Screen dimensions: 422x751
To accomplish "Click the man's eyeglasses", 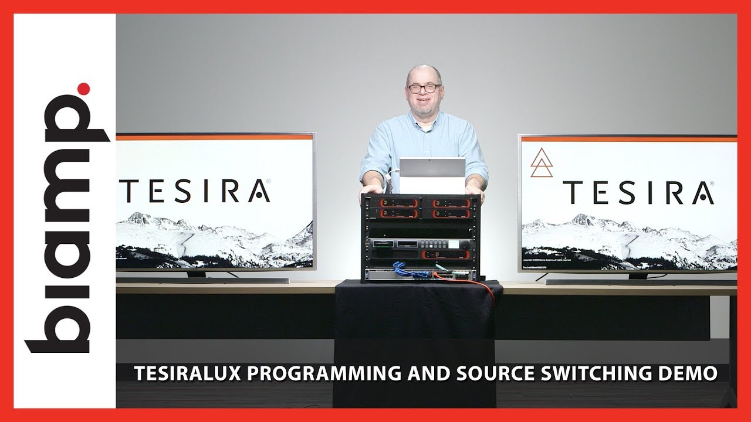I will click(x=424, y=89).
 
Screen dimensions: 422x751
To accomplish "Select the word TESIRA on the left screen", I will click(x=194, y=191).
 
